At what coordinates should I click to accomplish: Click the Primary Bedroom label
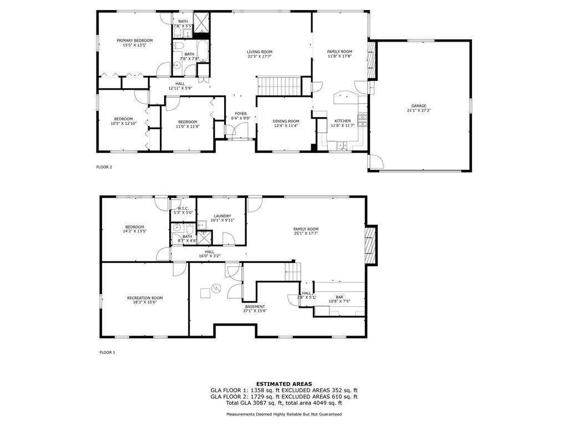tap(134, 40)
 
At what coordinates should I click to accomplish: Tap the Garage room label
tap(419, 106)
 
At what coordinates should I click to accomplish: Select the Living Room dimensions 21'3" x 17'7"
tap(260, 57)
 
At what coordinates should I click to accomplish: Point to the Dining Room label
tap(286, 121)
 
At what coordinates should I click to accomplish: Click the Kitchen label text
tap(342, 121)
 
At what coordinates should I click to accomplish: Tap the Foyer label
tap(241, 114)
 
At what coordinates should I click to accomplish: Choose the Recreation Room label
tap(145, 298)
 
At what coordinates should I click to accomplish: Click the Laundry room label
tap(222, 216)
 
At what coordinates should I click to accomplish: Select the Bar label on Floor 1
tap(339, 297)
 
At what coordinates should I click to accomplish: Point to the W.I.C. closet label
tap(183, 209)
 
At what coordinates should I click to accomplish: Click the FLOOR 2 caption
tap(104, 167)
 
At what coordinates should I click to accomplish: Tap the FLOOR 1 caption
tap(107, 352)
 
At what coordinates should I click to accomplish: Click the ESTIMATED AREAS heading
tap(284, 384)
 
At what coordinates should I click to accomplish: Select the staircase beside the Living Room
tap(280, 86)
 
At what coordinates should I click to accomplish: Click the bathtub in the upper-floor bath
tap(202, 51)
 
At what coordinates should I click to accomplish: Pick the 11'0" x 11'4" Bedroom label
tap(187, 124)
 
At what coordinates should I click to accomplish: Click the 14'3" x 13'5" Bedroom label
tap(135, 229)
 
